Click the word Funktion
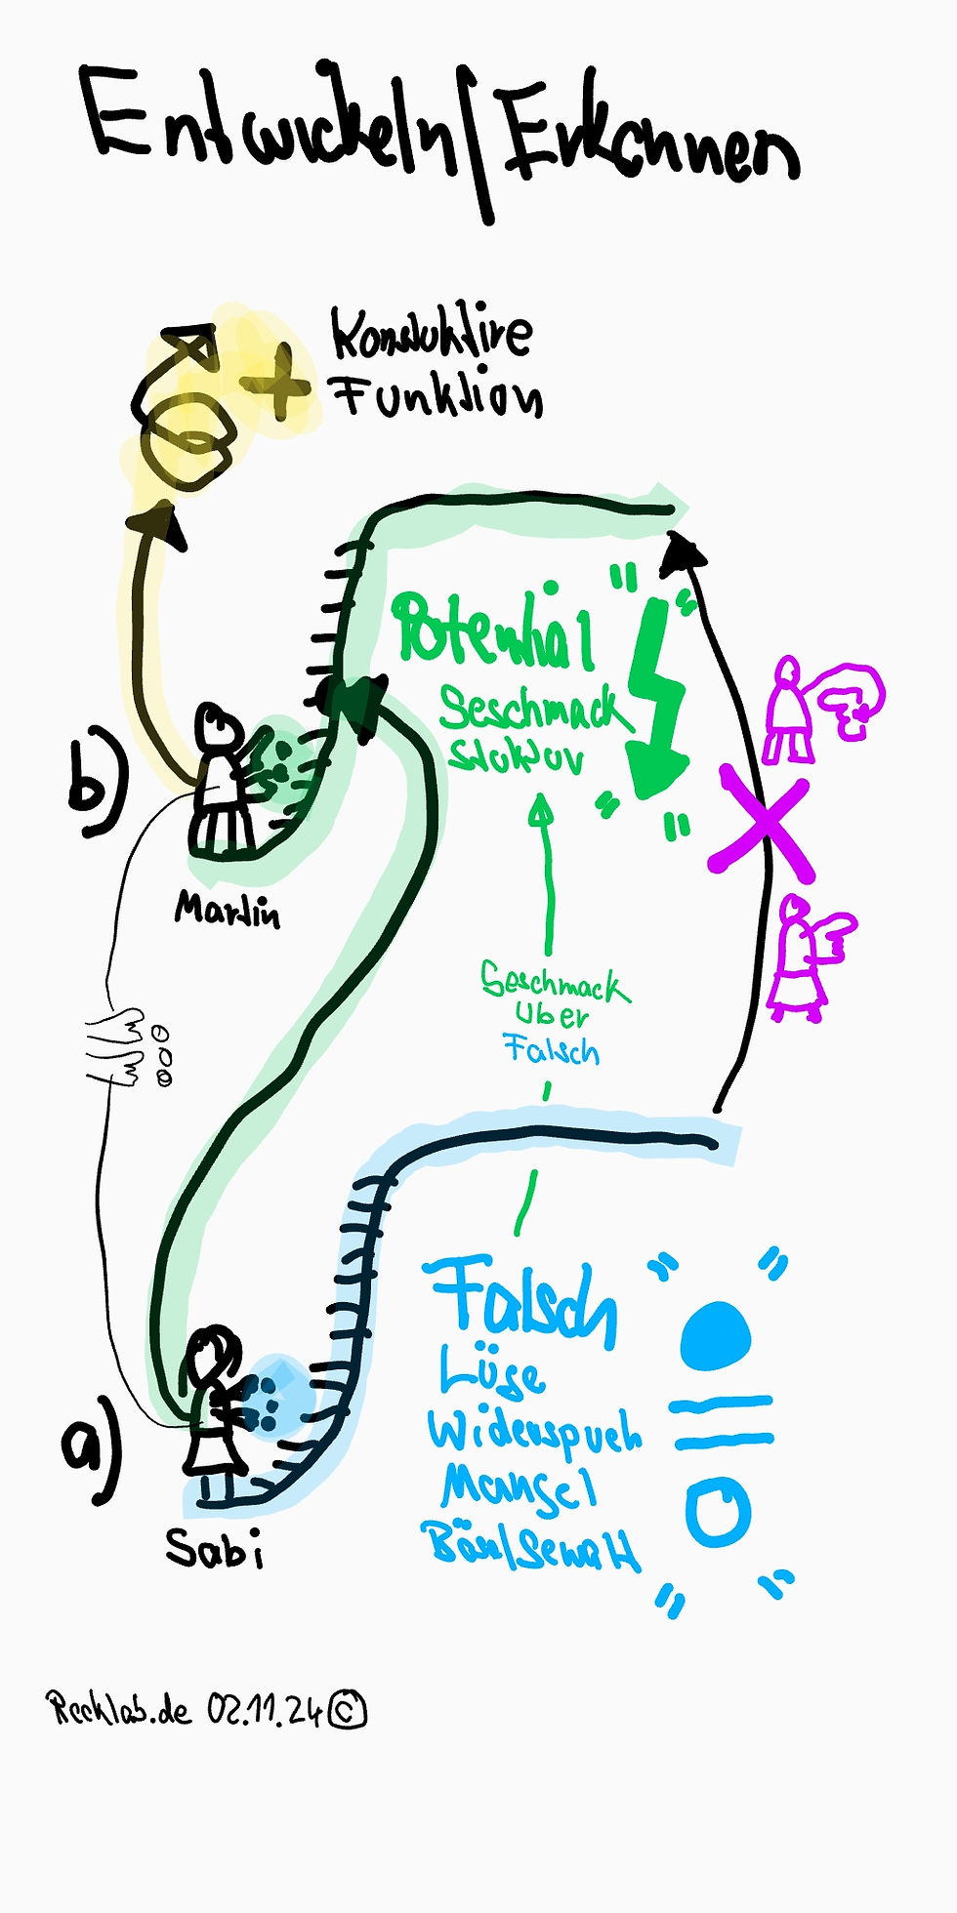click(x=437, y=395)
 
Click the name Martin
click(x=228, y=911)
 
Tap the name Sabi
click(x=214, y=1548)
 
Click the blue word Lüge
click(x=492, y=1371)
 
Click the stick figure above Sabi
click(x=216, y=1405)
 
